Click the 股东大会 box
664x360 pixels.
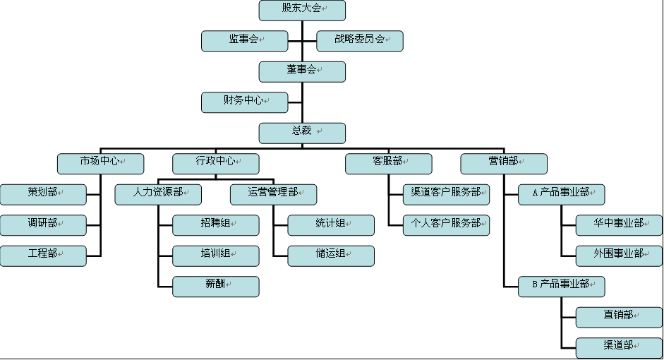(302, 10)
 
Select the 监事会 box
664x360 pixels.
(244, 41)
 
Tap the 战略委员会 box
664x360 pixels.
(360, 41)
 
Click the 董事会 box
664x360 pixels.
(302, 71)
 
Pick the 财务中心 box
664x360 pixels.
(244, 102)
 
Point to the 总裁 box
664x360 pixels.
(302, 133)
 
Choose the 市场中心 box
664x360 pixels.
(100, 163)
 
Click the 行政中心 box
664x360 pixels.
(215, 163)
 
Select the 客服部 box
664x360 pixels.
(388, 163)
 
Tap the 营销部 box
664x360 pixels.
(504, 163)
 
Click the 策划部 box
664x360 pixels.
(43, 194)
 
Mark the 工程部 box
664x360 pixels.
(43, 256)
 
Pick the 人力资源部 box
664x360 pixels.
(158, 194)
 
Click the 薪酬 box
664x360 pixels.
(215, 287)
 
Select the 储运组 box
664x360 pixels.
(331, 256)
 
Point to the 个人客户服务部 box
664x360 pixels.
(446, 225)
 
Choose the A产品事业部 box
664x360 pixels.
(561, 194)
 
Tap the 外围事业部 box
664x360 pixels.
(619, 256)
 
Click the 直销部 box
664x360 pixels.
(619, 317)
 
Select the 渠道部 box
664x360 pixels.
(619, 347)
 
